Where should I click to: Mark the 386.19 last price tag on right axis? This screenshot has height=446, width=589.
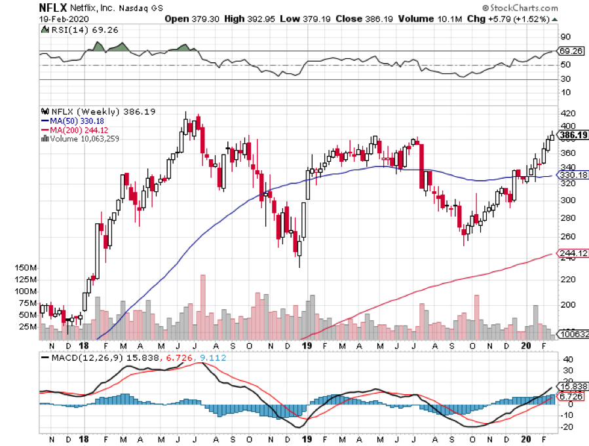coord(572,135)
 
